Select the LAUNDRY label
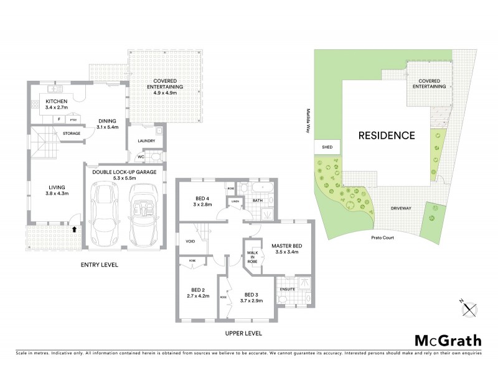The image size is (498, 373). (x=146, y=141)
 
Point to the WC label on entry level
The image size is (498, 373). (x=141, y=157)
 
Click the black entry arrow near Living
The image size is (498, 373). (x=75, y=229)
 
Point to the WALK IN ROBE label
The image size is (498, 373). (x=253, y=257)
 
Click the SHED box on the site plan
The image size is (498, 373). (x=327, y=147)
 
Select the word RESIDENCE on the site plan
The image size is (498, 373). (x=386, y=135)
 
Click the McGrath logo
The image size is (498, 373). (x=448, y=340)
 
